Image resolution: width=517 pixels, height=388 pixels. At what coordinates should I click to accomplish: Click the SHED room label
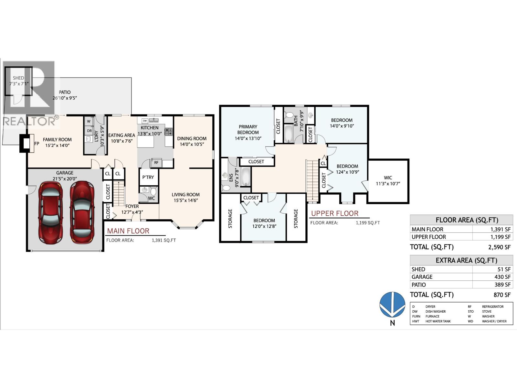(x=18, y=78)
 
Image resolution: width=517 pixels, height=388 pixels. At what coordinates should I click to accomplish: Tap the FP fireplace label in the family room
(x=37, y=143)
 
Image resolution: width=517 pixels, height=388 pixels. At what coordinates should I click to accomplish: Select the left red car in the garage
(x=50, y=213)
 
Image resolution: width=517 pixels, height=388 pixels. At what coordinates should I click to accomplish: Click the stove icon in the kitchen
(x=169, y=132)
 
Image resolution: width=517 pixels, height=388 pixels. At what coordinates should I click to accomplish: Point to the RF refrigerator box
(x=156, y=163)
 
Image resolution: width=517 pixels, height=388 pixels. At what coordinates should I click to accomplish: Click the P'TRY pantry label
(x=148, y=177)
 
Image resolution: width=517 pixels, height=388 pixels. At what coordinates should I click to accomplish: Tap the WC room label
(x=151, y=198)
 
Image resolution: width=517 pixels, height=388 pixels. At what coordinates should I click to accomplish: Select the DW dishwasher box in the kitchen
(x=145, y=121)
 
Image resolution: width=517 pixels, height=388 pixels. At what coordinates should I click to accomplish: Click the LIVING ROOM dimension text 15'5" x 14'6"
(x=185, y=200)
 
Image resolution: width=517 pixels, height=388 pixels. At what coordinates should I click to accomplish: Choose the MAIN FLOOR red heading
(x=128, y=231)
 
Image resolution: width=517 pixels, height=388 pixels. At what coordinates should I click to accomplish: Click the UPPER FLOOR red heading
(x=334, y=213)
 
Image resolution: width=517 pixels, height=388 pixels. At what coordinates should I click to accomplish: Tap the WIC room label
(x=388, y=178)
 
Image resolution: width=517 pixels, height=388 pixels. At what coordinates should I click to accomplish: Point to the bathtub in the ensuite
(x=246, y=177)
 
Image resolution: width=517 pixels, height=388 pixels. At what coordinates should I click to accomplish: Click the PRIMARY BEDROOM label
(x=248, y=129)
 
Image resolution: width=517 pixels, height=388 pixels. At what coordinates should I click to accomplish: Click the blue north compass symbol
(x=392, y=304)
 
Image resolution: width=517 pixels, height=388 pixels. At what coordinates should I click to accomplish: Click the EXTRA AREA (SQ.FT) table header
(x=461, y=260)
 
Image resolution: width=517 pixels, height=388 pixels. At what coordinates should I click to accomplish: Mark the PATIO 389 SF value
(x=502, y=285)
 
